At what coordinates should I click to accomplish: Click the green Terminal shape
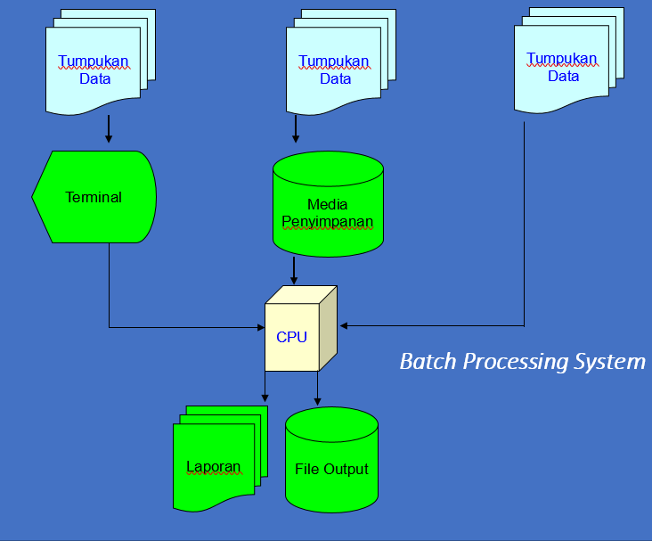click(x=94, y=197)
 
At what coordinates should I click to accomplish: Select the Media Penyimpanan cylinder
click(x=328, y=204)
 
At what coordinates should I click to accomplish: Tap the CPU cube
click(x=301, y=328)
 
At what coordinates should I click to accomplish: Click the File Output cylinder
click(x=332, y=460)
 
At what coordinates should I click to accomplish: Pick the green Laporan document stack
click(x=220, y=458)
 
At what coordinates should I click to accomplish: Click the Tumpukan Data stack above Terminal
click(x=101, y=62)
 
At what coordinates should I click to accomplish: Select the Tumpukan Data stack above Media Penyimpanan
click(x=341, y=62)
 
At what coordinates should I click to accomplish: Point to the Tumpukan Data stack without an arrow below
click(x=569, y=61)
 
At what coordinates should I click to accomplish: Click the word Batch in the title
click(x=428, y=361)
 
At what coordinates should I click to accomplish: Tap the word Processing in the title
click(x=516, y=362)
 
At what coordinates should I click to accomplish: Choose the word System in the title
click(x=609, y=362)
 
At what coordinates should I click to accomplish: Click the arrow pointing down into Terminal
click(x=109, y=129)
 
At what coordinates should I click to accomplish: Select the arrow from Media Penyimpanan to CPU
click(x=294, y=271)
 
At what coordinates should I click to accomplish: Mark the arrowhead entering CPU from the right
click(x=344, y=326)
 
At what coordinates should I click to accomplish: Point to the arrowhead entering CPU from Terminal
click(x=261, y=327)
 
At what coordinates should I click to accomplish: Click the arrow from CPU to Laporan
click(x=265, y=387)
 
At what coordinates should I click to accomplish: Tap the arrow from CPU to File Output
click(x=317, y=389)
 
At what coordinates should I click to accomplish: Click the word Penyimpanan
click(x=328, y=222)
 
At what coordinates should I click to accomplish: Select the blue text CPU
click(x=291, y=337)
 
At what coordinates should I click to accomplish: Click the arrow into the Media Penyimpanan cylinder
click(x=296, y=129)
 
